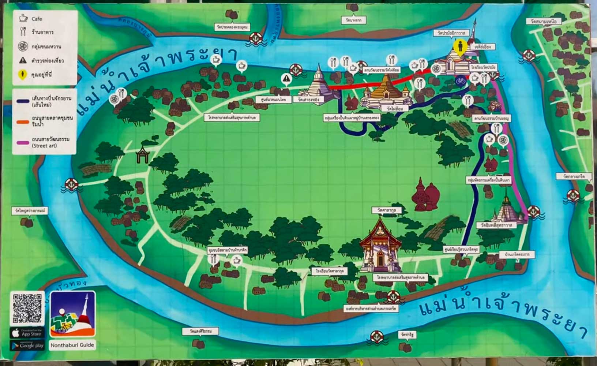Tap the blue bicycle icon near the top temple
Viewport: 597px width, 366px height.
tap(461, 80)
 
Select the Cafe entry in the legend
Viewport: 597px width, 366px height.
tap(36, 19)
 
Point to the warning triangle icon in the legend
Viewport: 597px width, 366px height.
tap(23, 60)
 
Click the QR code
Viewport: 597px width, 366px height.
tap(27, 308)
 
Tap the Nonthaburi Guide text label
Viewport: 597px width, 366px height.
tap(72, 345)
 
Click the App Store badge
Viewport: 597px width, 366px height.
tap(27, 333)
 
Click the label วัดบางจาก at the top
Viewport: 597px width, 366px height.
tap(353, 20)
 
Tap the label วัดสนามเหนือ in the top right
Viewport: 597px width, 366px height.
tap(544, 22)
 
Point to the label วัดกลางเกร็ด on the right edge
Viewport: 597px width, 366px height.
tap(573, 176)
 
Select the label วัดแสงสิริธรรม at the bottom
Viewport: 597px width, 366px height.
tap(200, 331)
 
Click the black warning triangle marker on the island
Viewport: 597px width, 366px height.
tap(286, 78)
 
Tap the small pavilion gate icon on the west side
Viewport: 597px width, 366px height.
tap(142, 155)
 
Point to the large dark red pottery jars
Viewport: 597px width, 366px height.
tap(425, 196)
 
